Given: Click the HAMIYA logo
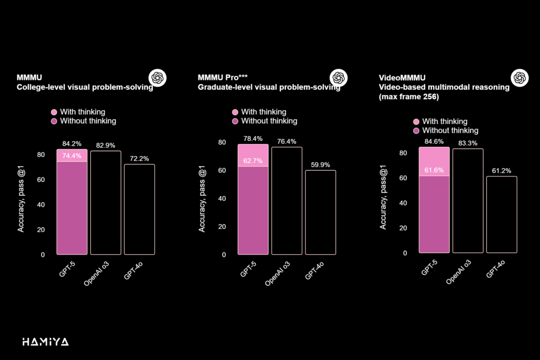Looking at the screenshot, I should click(45, 342).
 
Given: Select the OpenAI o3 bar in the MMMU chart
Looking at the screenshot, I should click(105, 202).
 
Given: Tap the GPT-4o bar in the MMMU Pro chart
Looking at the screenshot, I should click(320, 212).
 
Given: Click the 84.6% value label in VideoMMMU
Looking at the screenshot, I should click(433, 141).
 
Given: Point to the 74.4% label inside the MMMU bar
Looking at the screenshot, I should click(72, 156).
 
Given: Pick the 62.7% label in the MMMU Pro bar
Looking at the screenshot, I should click(253, 161).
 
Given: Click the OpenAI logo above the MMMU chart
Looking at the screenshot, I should click(157, 77).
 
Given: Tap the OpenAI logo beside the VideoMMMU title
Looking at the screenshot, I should click(519, 77).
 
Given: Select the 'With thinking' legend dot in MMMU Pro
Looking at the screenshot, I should click(235, 112).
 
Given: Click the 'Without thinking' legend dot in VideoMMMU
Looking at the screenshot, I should click(416, 131).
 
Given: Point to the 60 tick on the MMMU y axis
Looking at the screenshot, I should click(41, 180).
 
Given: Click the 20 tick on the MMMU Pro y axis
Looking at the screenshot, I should click(222, 227).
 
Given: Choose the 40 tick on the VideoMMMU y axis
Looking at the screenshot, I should click(403, 203).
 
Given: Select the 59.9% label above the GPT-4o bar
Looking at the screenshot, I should click(320, 165).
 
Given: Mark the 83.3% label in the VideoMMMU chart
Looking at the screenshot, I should click(467, 143).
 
